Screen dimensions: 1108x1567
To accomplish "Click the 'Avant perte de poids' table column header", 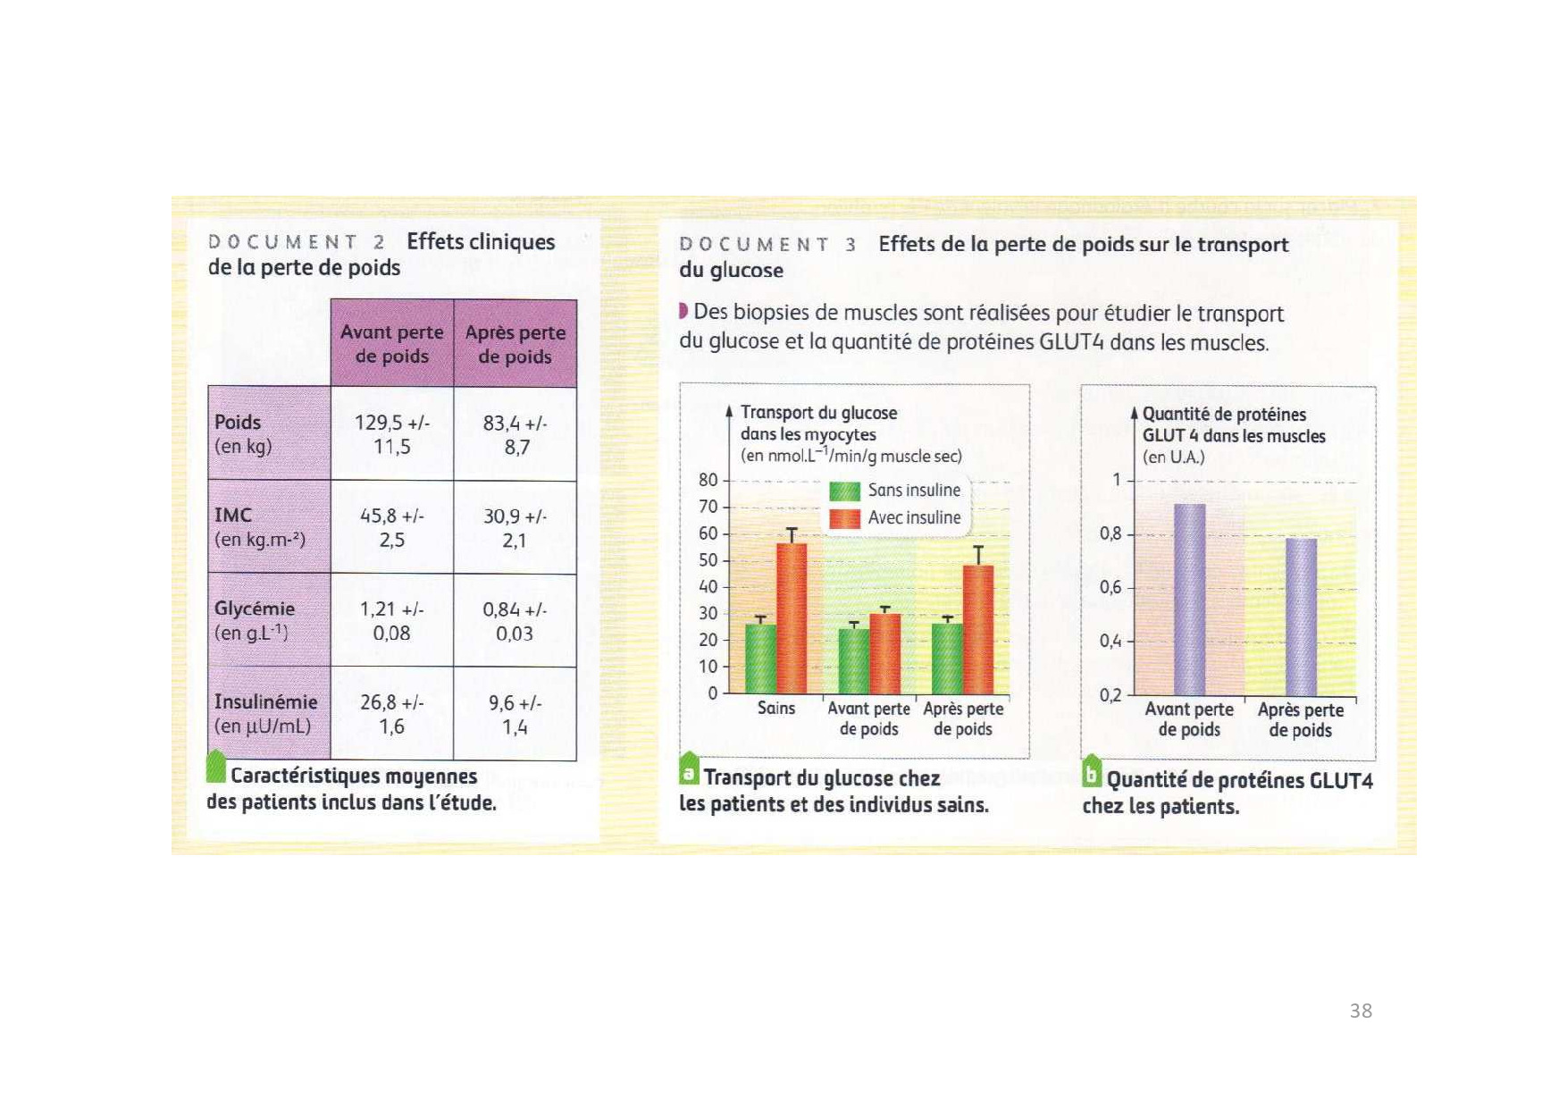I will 392,344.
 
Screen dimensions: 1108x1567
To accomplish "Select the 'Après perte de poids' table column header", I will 515,344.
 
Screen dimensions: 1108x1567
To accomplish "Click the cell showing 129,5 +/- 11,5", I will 392,434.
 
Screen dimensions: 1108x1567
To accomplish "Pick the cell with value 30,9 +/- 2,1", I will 515,528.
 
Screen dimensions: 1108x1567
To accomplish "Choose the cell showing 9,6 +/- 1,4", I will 515,715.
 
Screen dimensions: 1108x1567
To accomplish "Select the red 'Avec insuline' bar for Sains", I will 792,618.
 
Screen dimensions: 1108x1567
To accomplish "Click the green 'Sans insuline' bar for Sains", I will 760,659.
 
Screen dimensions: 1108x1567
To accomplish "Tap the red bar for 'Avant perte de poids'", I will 884,653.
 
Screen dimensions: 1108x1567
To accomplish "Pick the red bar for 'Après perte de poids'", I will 978,629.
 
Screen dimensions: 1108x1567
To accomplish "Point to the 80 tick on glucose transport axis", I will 708,480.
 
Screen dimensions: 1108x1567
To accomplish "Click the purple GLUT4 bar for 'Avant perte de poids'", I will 1189,600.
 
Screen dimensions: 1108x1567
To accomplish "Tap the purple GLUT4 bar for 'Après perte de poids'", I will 1301,617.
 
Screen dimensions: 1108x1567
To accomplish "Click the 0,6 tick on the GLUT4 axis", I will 1110,588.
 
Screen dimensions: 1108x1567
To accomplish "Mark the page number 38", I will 1361,1011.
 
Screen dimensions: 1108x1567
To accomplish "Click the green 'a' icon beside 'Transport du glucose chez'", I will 689,769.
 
